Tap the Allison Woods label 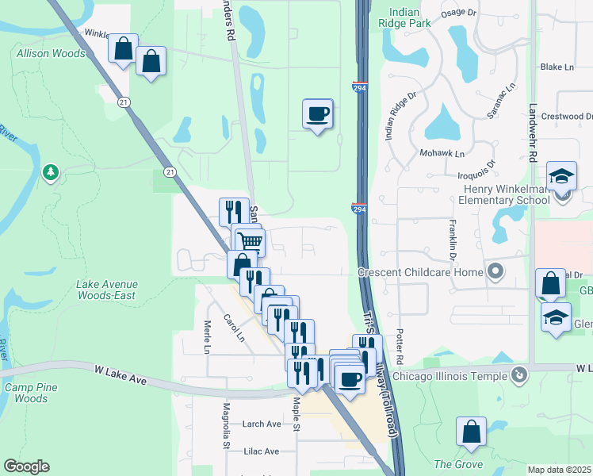[51, 54]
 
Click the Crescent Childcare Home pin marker [496, 271]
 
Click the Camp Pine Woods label [31, 392]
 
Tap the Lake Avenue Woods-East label [107, 290]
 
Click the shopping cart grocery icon [251, 240]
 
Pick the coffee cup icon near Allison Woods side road [317, 113]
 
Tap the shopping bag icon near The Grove [471, 432]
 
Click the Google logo [26, 466]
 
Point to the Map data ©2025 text [559, 470]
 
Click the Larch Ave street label [262, 424]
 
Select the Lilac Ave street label [261, 451]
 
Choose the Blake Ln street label [557, 67]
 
